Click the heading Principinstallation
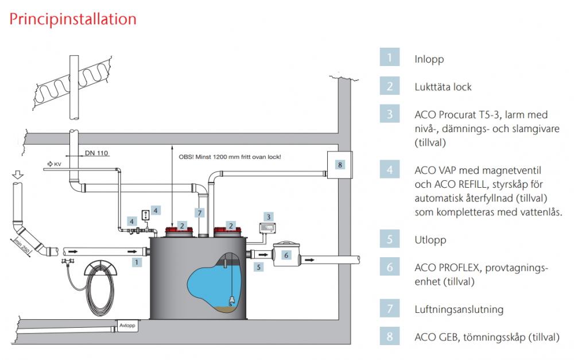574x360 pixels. (72, 19)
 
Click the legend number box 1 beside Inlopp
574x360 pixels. (389, 58)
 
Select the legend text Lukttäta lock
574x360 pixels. (443, 87)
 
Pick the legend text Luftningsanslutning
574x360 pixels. (459, 309)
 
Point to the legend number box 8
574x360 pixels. (389, 336)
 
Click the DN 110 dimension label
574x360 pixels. (96, 153)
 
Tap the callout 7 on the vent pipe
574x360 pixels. (199, 212)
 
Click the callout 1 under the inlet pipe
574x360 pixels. (136, 262)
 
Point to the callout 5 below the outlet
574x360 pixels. (259, 267)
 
